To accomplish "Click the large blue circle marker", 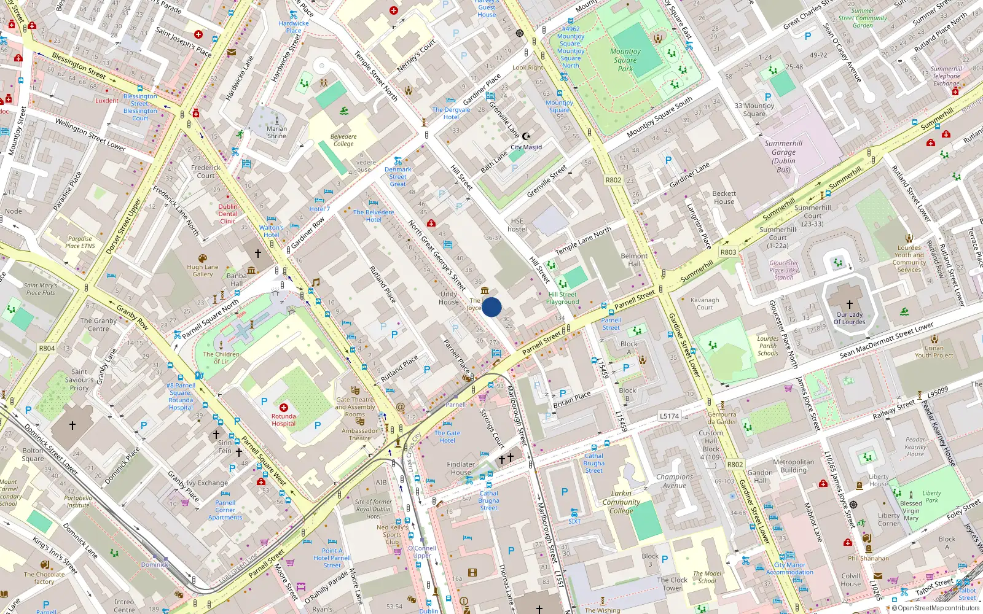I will [491, 307].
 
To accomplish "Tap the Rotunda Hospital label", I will [283, 419].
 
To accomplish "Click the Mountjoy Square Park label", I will [625, 60].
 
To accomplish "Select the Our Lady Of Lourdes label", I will [849, 318].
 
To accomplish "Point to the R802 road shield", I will [613, 180].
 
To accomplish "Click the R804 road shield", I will [47, 348].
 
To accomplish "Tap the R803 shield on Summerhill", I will [728, 252].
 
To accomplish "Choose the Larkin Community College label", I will [621, 502].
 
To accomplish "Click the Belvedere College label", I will [343, 140].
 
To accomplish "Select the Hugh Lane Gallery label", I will [203, 271].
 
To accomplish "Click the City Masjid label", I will [526, 147].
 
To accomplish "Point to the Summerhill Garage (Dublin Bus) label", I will [783, 156].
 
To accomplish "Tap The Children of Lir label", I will [221, 357].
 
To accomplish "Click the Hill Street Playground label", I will [563, 298].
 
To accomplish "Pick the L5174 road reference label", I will [669, 416].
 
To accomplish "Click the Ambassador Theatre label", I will [360, 434].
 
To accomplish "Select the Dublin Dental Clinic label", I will [228, 214].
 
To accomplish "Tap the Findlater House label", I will [461, 468].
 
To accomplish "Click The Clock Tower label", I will [672, 583].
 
